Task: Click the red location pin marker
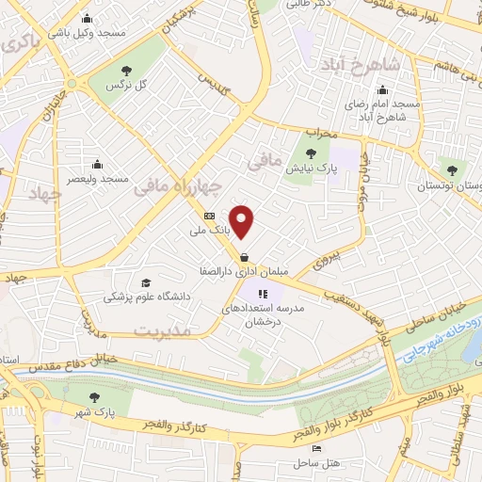(243, 221)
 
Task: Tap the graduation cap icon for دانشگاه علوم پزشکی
(145, 282)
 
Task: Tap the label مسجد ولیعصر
(103, 178)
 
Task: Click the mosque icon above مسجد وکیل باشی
(88, 18)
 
